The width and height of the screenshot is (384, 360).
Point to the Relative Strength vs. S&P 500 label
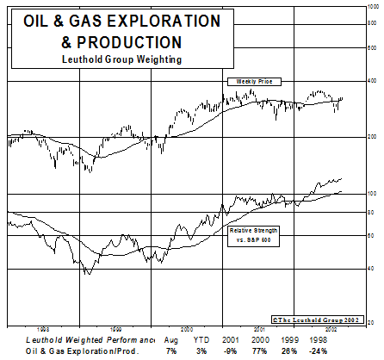pos(255,235)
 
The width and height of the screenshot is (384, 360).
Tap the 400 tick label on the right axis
pos(373,81)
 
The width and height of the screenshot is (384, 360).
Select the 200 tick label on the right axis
pos(373,137)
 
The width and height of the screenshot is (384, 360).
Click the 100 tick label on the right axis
pos(373,194)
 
